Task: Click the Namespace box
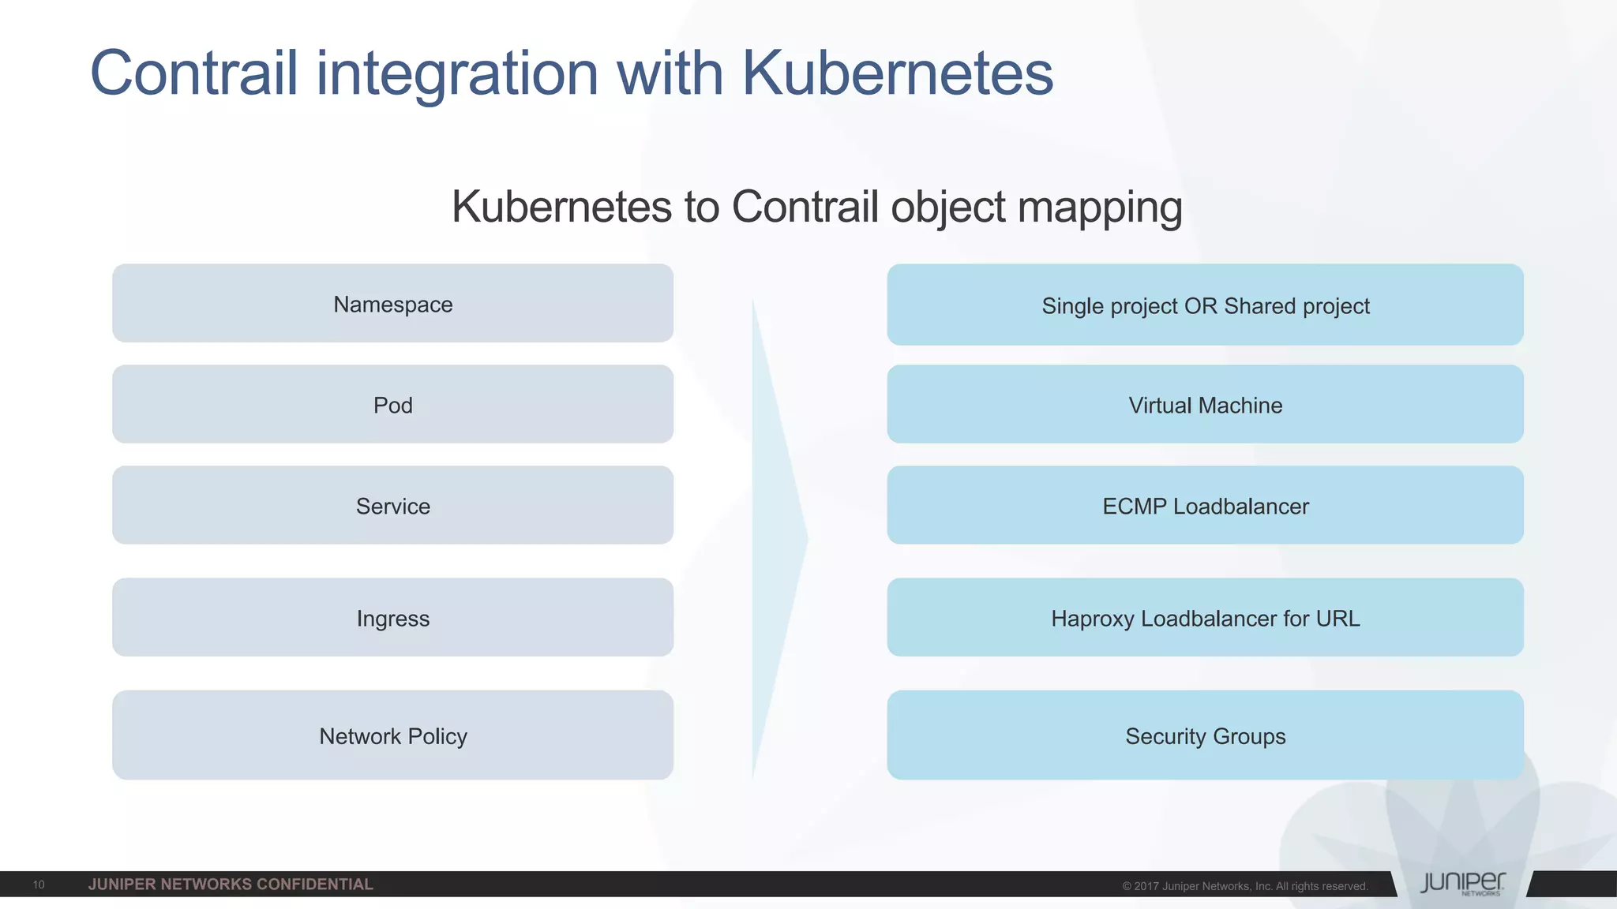(x=392, y=304)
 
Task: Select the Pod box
(x=392, y=405)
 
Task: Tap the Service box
(x=392, y=506)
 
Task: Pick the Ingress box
(x=392, y=618)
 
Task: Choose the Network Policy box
(x=392, y=735)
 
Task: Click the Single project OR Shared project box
(x=1205, y=305)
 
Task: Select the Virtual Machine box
(x=1205, y=405)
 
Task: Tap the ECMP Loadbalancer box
(x=1205, y=506)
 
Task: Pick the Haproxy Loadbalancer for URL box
(x=1205, y=618)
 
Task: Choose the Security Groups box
(x=1205, y=735)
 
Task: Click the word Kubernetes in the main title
(x=897, y=73)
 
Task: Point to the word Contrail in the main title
(x=194, y=73)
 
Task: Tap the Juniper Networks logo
(x=1462, y=884)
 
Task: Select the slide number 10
(x=39, y=885)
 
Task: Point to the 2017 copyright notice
(x=1245, y=886)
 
